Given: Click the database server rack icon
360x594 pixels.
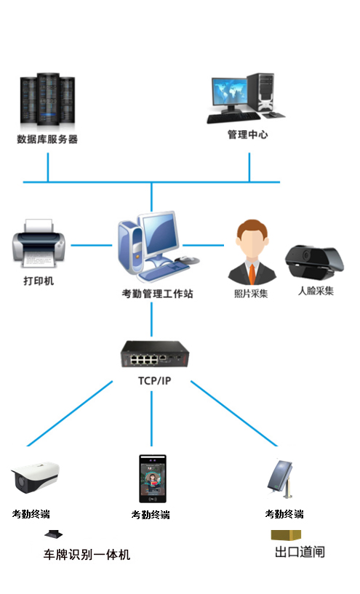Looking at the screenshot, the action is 47,100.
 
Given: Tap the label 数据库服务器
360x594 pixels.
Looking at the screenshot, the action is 47,139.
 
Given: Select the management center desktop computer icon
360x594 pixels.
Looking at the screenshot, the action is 246,98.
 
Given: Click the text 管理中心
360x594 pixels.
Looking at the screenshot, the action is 247,135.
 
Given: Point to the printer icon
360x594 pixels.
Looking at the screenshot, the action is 39,244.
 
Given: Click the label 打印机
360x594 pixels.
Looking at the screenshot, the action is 39,281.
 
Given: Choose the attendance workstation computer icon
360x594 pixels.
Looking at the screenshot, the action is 158,247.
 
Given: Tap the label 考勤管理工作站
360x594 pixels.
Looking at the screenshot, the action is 157,293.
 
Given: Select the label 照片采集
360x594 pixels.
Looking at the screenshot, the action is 251,294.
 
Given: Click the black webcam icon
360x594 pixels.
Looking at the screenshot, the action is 314,262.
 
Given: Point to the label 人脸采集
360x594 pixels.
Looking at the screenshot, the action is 316,291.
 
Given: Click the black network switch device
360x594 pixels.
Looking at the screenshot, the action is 155,354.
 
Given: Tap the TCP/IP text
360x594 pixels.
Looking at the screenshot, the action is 155,381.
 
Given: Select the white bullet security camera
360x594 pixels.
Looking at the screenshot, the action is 35,477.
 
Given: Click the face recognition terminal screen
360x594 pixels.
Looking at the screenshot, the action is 153,479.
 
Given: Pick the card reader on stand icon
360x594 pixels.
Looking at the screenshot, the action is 281,479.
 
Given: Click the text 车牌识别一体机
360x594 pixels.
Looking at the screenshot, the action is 87,555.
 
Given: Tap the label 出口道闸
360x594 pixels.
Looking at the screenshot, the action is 300,552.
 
